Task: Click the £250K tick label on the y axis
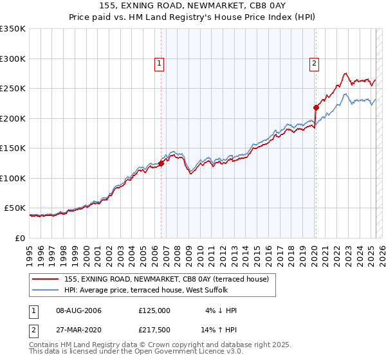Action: tap(13, 89)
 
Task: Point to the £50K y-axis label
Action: tap(15, 208)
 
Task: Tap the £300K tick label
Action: tap(13, 59)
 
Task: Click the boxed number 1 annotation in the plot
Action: tap(159, 63)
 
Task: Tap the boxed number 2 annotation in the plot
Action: tap(314, 63)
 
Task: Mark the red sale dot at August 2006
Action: tap(161, 163)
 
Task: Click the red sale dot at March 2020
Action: tap(316, 108)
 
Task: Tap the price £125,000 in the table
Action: tap(154, 310)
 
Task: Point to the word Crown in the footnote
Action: tap(163, 345)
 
